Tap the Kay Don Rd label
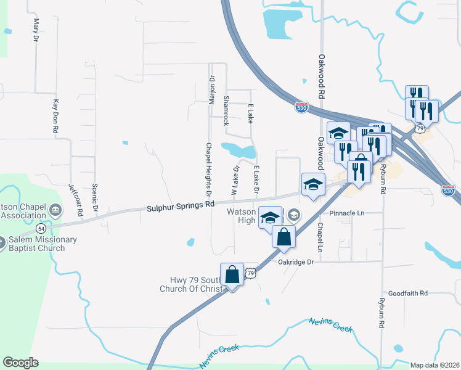point(55,117)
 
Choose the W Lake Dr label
point(235,178)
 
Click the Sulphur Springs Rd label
point(181,207)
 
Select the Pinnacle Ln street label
point(348,213)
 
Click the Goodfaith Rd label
point(408,294)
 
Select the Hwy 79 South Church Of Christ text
point(189,284)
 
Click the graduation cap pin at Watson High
point(270,218)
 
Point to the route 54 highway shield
point(41,228)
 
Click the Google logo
point(20,363)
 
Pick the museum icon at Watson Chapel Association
point(56,211)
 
